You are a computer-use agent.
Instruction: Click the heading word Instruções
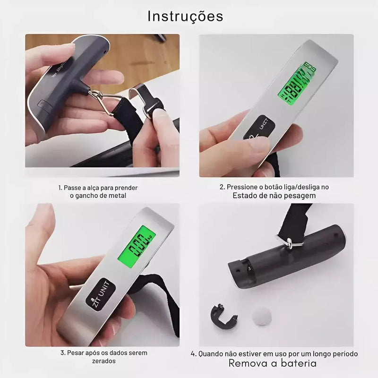185,16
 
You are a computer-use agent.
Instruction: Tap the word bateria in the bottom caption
299,363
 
